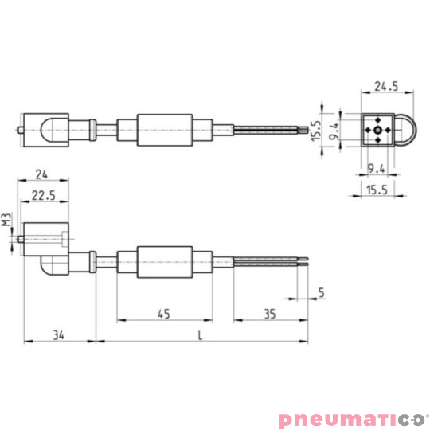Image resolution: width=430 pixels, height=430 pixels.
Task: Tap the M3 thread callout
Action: tap(6, 220)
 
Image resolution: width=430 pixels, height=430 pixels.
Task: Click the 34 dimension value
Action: tap(59, 335)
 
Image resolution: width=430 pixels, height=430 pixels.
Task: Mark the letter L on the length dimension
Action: tap(200, 335)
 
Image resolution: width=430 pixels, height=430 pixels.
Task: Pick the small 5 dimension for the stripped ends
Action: tap(321, 291)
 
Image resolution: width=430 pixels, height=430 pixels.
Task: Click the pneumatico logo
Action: tap(352, 419)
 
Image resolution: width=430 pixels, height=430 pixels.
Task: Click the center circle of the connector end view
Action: tap(377, 129)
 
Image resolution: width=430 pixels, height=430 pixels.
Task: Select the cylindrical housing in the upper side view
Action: tap(165, 130)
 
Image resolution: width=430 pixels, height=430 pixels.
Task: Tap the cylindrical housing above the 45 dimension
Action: tap(165, 260)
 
